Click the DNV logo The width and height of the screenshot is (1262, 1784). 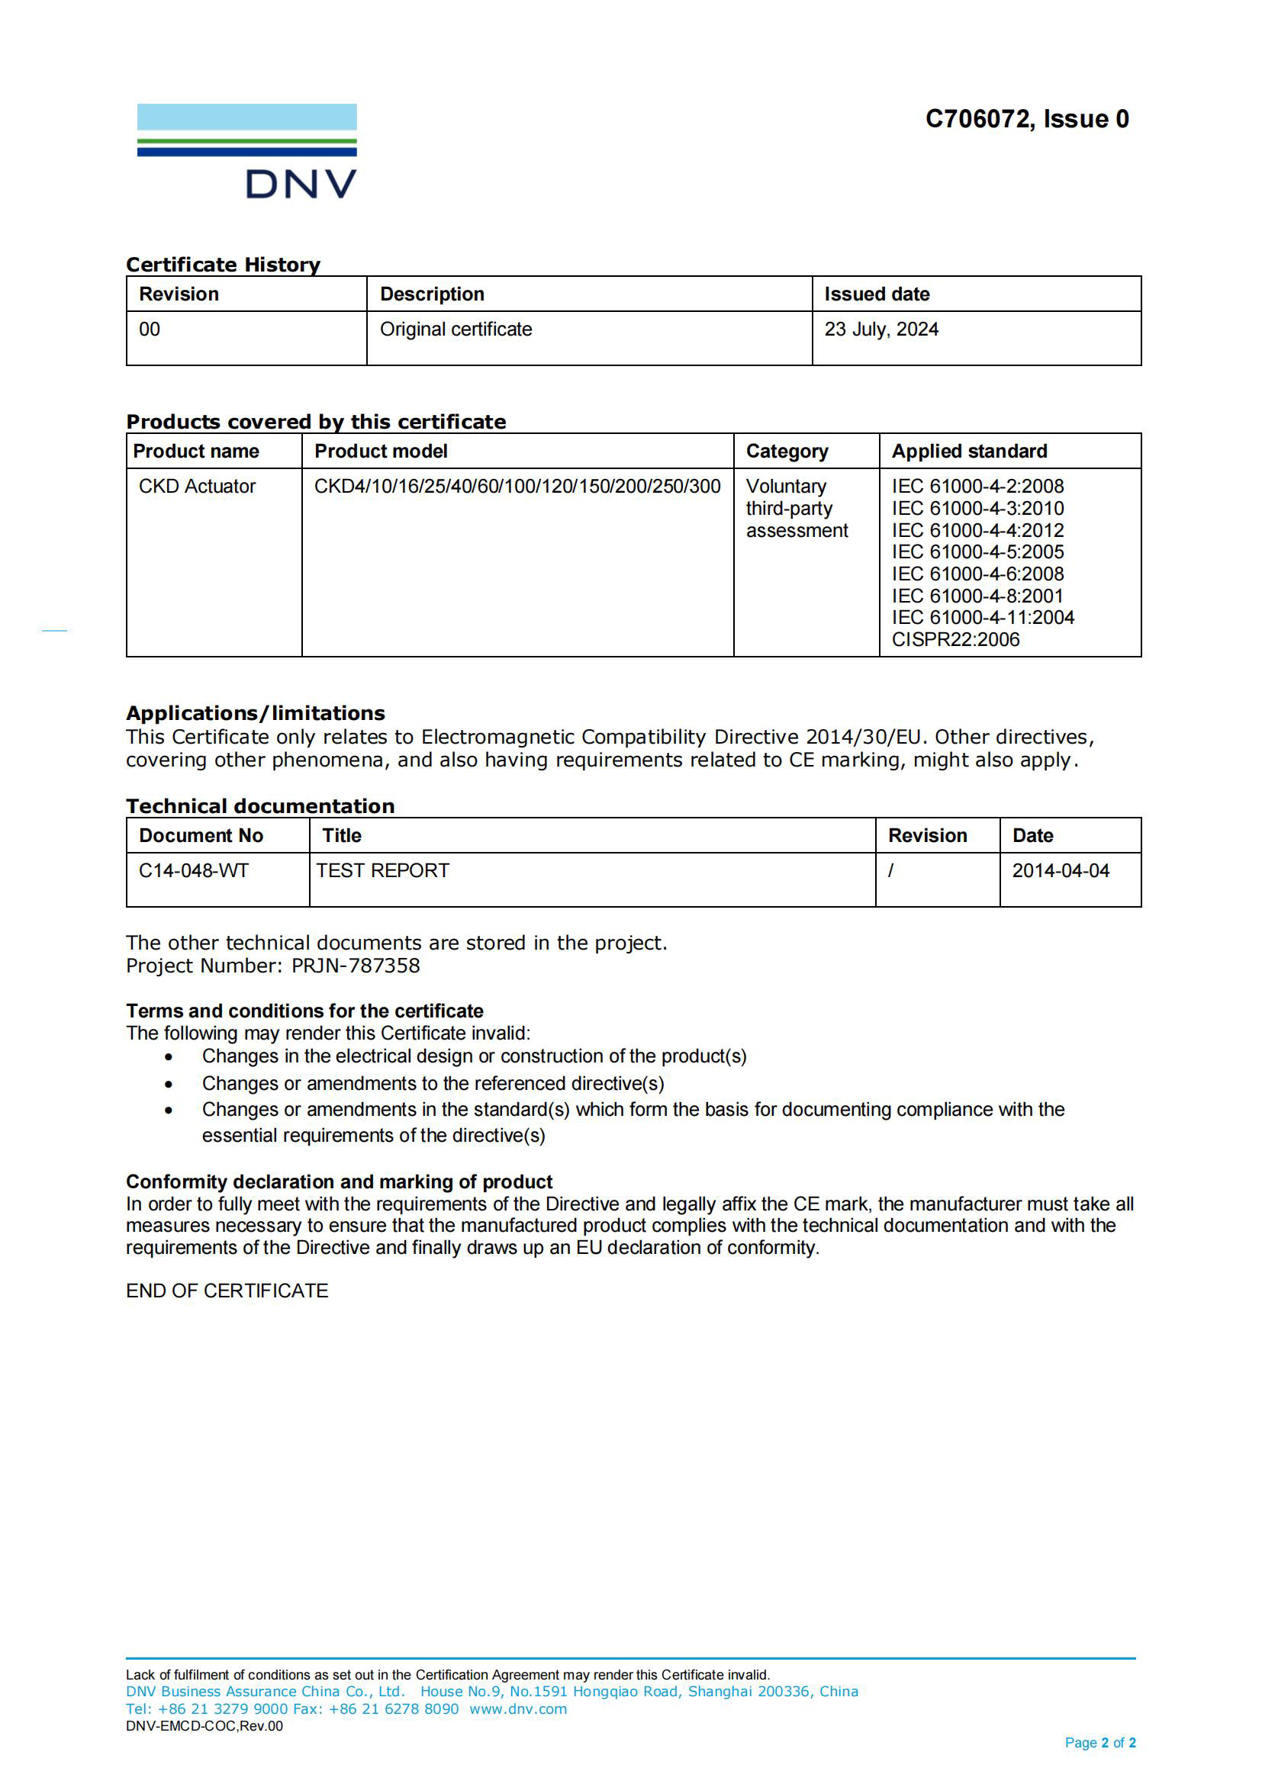[x=246, y=152]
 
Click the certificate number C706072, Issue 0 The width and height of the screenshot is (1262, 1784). [x=1026, y=119]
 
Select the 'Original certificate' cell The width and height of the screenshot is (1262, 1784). [x=456, y=329]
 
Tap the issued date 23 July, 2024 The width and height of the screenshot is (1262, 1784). [x=881, y=329]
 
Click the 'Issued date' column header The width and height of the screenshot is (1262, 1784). [x=877, y=294]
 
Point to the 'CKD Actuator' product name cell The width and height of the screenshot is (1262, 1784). [x=197, y=487]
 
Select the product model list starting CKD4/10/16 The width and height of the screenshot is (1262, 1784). [x=517, y=487]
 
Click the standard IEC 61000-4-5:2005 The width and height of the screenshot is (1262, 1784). [x=977, y=551]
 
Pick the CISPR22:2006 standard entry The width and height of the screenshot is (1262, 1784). [x=955, y=639]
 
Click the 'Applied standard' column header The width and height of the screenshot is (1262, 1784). [x=969, y=452]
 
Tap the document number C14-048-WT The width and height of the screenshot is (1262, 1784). [x=194, y=871]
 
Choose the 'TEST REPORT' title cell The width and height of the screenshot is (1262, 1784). [x=382, y=871]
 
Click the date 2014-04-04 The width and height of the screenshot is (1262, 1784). [x=1060, y=871]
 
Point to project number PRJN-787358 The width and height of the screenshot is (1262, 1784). [x=355, y=966]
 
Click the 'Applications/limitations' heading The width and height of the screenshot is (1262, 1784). [x=255, y=713]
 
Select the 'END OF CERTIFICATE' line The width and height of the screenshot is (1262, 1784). [x=227, y=1291]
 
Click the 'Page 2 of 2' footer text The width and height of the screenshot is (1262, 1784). [x=1099, y=1743]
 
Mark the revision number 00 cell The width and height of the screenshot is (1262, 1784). [x=150, y=329]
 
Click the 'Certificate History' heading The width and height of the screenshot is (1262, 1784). [x=223, y=265]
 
